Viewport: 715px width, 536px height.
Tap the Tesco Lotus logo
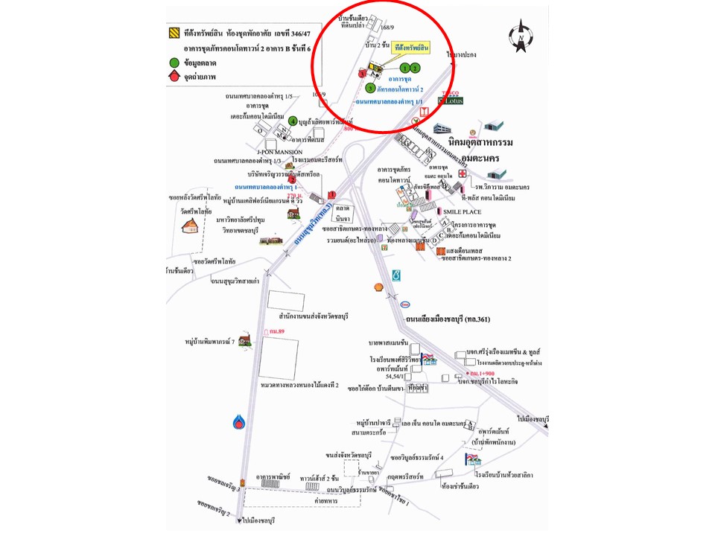click(x=452, y=98)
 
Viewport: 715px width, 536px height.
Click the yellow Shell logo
click(x=378, y=287)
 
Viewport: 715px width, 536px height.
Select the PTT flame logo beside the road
click(x=238, y=422)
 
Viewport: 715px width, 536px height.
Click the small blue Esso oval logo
click(x=405, y=304)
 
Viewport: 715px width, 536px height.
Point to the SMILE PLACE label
click(x=467, y=211)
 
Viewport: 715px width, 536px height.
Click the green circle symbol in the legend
click(x=174, y=63)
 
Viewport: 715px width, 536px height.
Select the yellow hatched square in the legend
click(x=174, y=33)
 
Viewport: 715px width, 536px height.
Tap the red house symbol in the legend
click(x=174, y=76)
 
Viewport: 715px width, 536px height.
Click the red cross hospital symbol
click(x=463, y=173)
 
